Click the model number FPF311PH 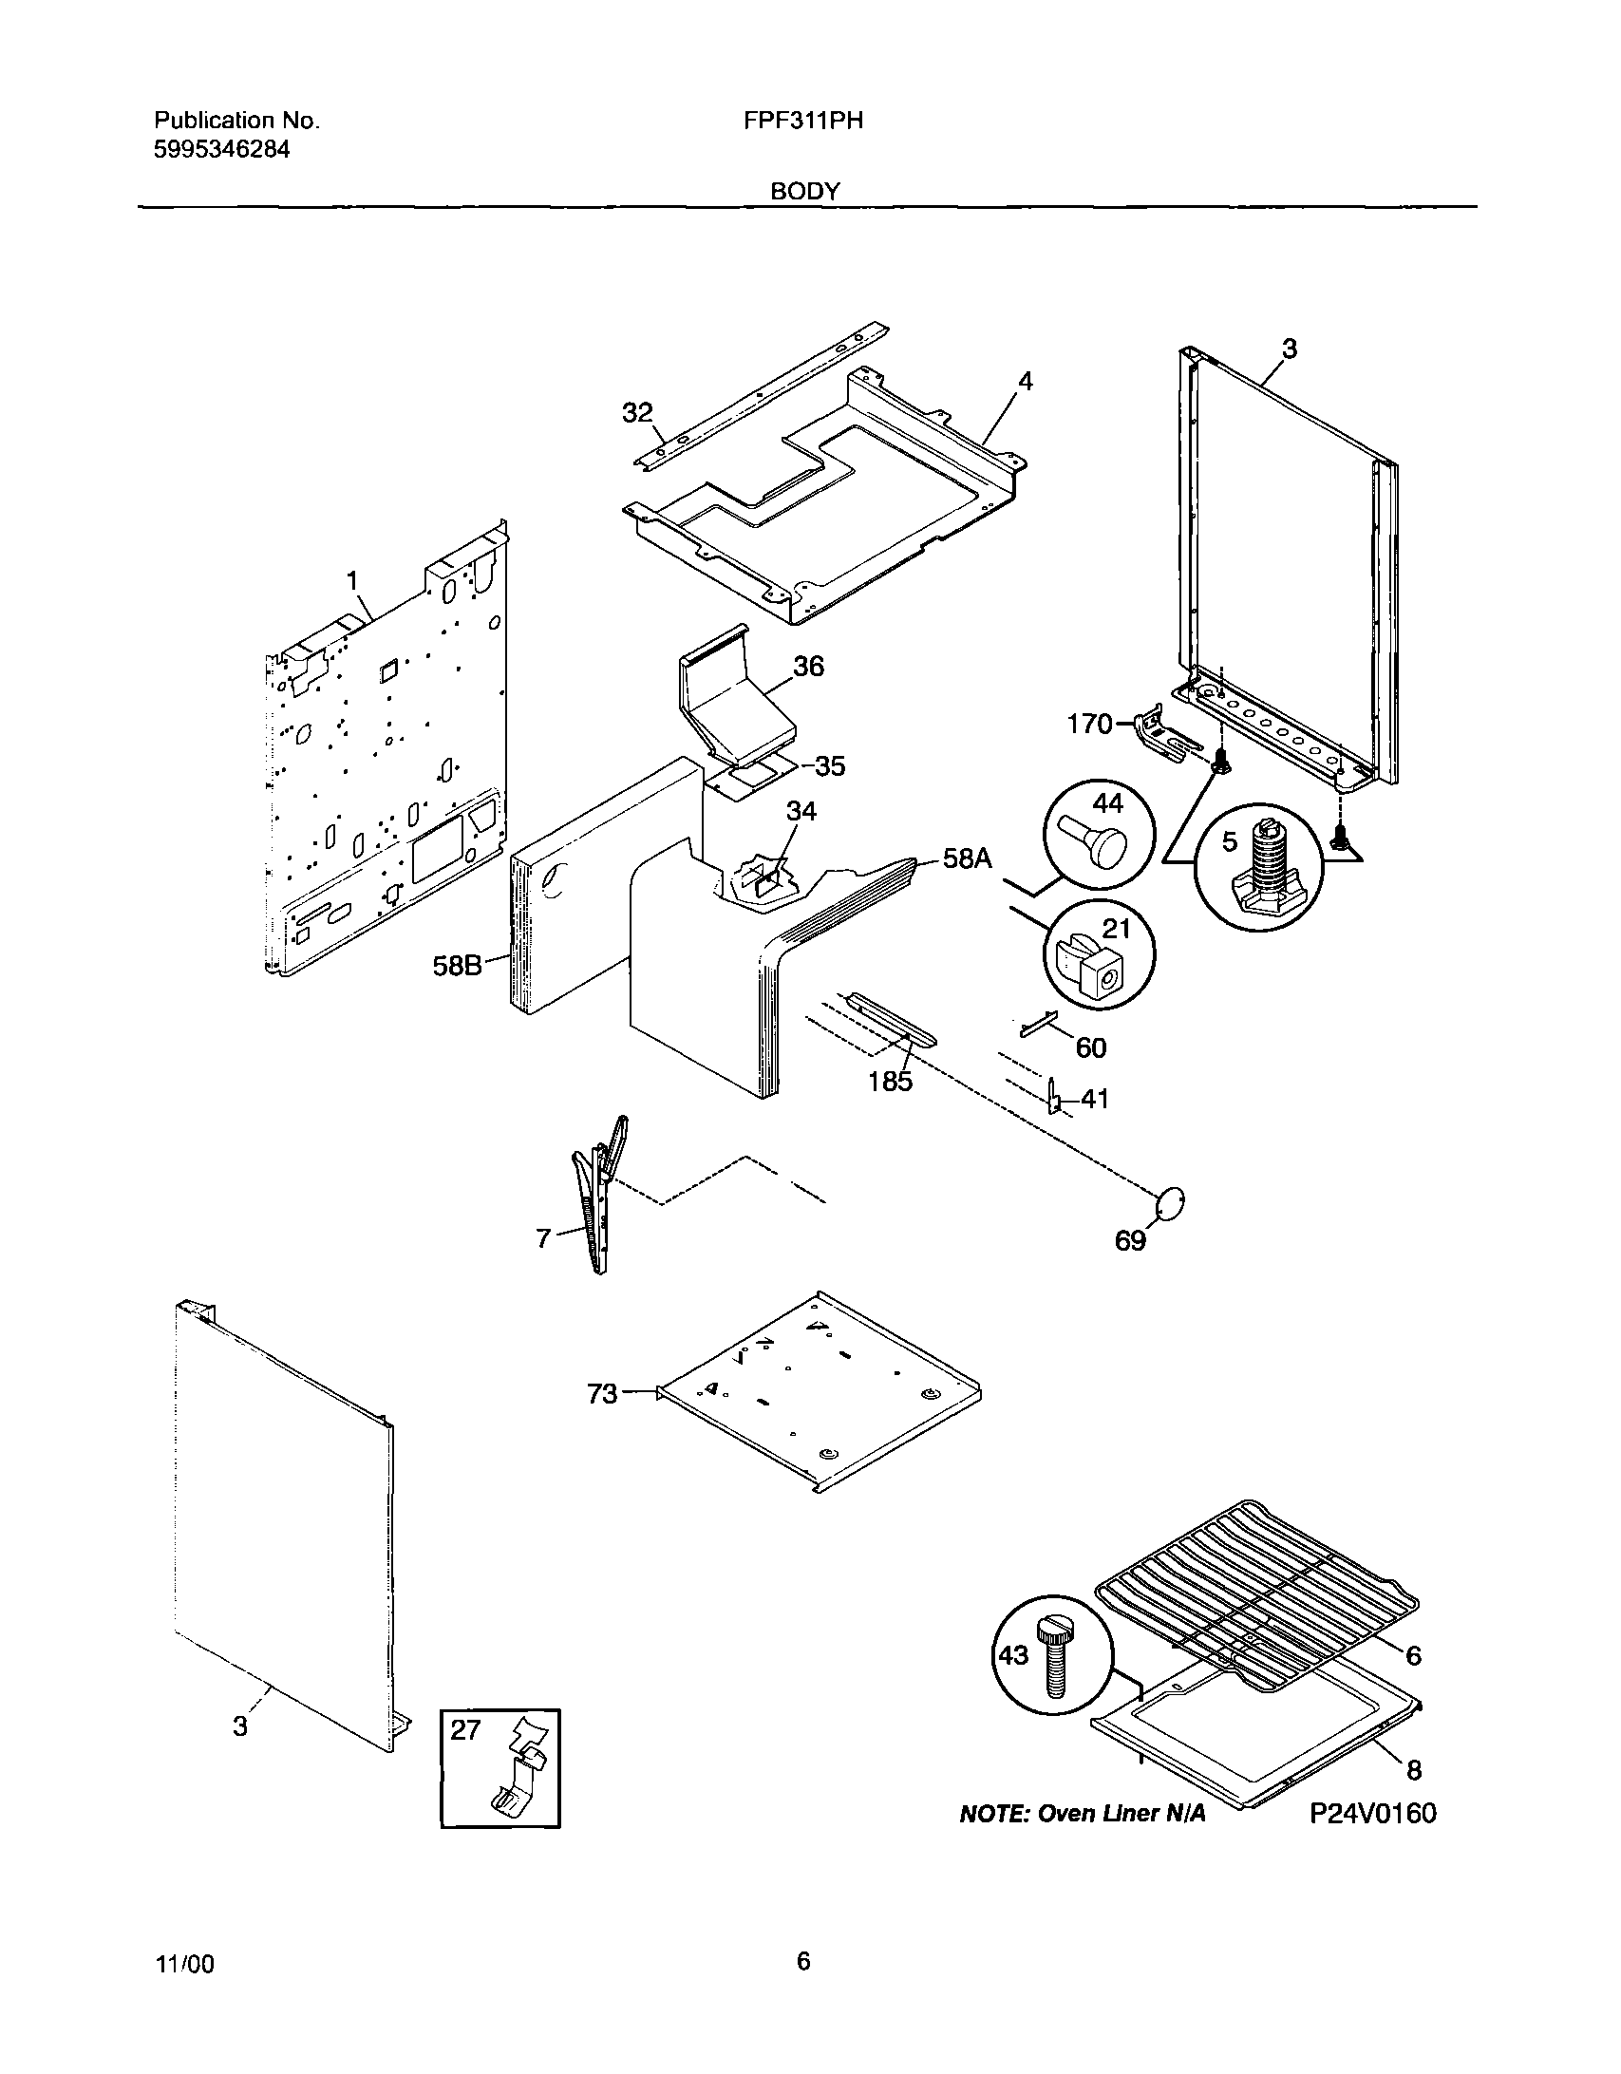click(804, 121)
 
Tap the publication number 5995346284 click(221, 149)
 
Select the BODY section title click(804, 191)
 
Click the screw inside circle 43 click(1054, 1657)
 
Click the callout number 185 click(890, 1081)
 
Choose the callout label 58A click(967, 859)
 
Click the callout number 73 click(602, 1394)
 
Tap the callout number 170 click(1089, 725)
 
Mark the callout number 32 click(637, 413)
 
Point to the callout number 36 click(808, 666)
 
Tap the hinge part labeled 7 click(597, 1197)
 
